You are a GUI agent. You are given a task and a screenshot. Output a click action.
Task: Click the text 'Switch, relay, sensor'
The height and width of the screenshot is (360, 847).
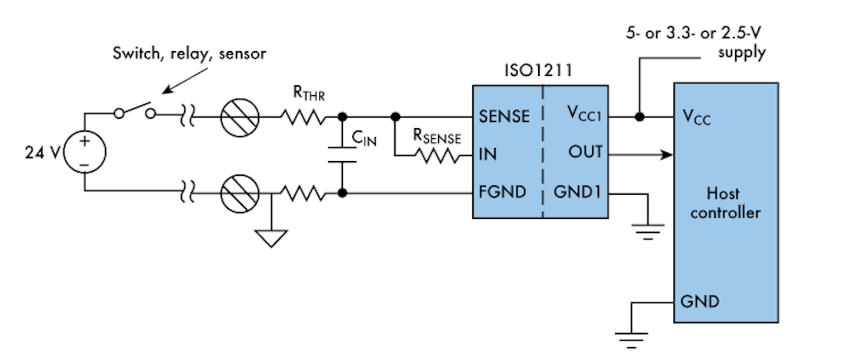tap(189, 54)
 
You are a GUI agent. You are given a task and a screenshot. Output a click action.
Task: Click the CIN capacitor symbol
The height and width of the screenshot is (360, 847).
tap(342, 154)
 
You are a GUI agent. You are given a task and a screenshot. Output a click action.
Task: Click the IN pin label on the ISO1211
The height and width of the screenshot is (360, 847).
tap(488, 154)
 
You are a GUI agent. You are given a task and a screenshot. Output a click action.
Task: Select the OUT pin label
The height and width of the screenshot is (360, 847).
tap(585, 153)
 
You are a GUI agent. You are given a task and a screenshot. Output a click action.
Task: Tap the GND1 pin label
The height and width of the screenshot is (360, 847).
tap(577, 192)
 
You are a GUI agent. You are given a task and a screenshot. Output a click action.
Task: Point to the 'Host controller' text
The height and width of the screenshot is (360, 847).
tap(726, 202)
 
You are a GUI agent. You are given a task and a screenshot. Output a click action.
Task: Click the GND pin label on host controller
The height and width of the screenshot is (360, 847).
tap(699, 302)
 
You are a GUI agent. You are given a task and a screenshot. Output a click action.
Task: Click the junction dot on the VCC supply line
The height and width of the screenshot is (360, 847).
tap(639, 116)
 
